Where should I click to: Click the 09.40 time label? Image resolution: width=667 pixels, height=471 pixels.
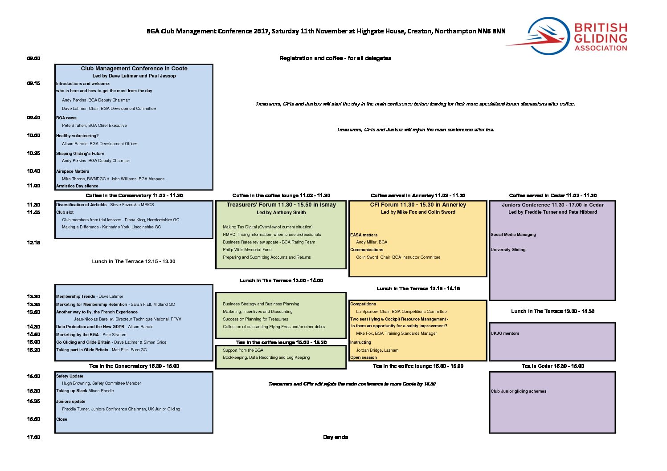click(x=33, y=118)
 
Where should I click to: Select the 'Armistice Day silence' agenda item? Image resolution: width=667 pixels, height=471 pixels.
click(x=77, y=186)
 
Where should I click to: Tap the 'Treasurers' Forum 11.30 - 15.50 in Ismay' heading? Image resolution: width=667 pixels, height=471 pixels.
click(x=281, y=205)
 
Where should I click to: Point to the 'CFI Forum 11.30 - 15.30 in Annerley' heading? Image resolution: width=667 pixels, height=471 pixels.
click(x=418, y=205)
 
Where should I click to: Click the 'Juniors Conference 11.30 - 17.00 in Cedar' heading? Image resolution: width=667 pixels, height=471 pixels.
click(x=552, y=205)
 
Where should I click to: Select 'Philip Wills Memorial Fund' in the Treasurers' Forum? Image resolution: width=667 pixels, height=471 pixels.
click(x=247, y=250)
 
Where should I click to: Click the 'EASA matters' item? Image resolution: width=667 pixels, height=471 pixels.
click(x=364, y=235)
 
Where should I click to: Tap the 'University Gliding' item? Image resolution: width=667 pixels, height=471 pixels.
click(x=508, y=250)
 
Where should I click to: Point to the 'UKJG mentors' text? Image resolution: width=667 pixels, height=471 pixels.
click(x=505, y=333)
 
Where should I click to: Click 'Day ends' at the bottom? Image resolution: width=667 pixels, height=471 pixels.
click(x=336, y=437)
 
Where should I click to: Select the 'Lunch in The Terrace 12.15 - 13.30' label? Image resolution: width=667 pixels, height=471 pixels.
click(x=134, y=261)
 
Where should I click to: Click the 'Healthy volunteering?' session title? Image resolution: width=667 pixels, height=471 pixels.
click(x=78, y=136)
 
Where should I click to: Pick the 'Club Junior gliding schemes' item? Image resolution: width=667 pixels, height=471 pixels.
click(x=519, y=391)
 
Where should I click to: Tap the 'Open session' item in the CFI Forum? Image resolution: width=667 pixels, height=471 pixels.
click(x=364, y=357)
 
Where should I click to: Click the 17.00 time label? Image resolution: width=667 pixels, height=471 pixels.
click(x=33, y=437)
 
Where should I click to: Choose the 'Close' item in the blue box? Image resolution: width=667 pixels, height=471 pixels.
click(x=61, y=419)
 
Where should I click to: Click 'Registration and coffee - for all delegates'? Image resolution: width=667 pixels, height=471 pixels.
click(x=335, y=58)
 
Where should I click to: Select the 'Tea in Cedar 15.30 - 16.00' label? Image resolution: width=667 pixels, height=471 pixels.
click(x=553, y=366)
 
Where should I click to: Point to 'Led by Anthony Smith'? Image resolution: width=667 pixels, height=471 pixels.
click(x=281, y=212)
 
